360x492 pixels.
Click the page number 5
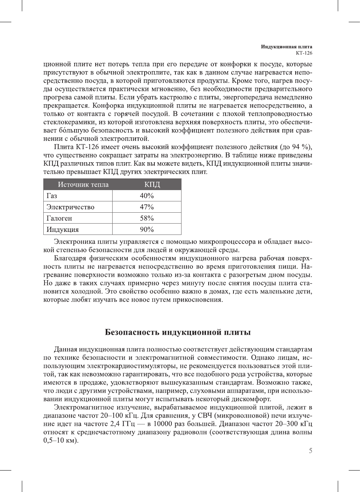310,451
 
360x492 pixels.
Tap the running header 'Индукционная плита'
286,47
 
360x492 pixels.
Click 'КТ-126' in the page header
304,53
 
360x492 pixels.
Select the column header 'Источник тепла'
83,184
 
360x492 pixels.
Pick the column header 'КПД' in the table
152,184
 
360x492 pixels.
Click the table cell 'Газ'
52,196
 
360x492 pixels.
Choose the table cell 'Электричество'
70,207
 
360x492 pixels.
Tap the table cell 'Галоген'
59,218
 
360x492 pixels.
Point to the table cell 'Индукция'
63,230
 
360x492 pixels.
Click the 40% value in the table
147,196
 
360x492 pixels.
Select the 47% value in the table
147,207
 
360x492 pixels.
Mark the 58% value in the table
147,218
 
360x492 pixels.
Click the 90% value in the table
147,230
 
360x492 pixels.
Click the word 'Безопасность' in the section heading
132,332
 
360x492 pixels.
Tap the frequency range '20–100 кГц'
120,416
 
